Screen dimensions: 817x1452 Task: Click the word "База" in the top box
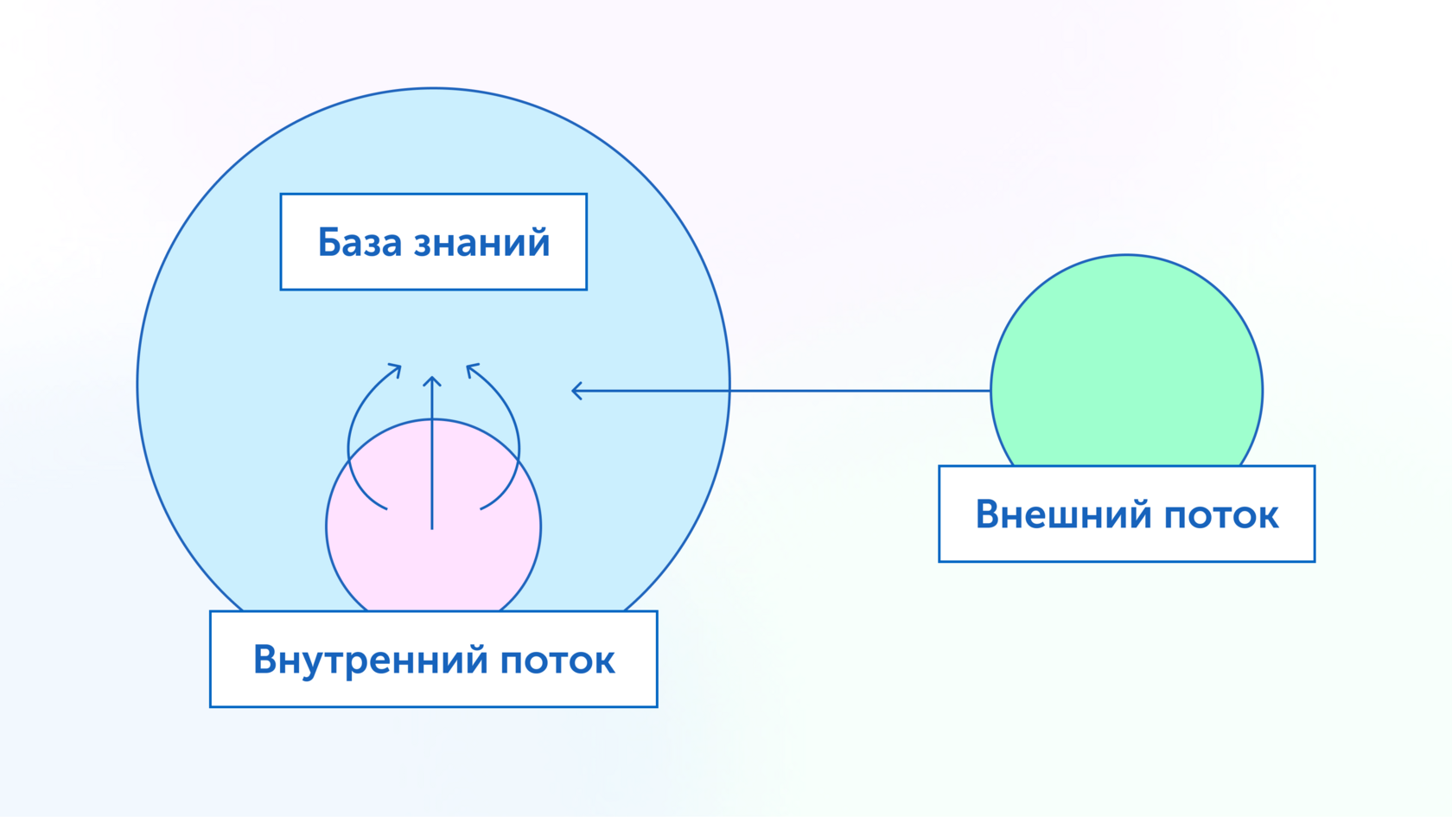click(x=360, y=243)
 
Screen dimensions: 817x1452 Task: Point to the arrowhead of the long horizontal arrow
click(x=574, y=391)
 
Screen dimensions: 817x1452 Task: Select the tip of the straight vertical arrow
click(x=432, y=378)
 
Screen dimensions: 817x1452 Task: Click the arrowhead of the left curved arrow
click(x=399, y=367)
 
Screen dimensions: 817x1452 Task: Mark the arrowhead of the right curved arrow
click(x=468, y=367)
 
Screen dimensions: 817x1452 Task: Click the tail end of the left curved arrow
click(x=386, y=508)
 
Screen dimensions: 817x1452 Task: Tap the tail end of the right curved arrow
click(x=481, y=508)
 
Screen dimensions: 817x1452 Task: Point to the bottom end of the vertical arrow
click(x=432, y=527)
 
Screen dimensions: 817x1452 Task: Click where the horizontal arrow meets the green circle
click(x=991, y=391)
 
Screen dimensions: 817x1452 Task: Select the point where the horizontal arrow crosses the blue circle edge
click(x=729, y=391)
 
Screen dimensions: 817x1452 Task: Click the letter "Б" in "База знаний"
click(x=328, y=243)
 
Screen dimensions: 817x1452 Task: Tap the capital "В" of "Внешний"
click(x=987, y=514)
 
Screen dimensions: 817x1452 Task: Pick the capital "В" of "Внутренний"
click(x=264, y=661)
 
